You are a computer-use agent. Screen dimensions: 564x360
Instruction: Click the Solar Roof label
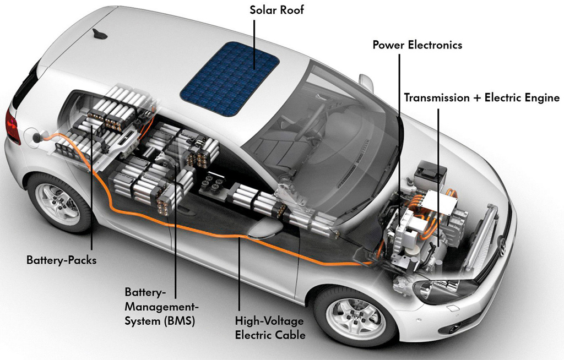tap(276, 10)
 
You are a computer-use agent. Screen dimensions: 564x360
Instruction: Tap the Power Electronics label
tap(417, 45)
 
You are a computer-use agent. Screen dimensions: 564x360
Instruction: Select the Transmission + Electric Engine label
tap(481, 98)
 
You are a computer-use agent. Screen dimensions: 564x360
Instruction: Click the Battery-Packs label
tap(62, 260)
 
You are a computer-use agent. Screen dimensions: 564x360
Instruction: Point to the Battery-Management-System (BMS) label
tap(161, 307)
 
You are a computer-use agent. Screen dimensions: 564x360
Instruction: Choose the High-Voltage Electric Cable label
tap(270, 328)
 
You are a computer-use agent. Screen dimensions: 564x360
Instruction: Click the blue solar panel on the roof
tap(230, 79)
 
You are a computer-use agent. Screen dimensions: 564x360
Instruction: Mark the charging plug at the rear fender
tap(37, 138)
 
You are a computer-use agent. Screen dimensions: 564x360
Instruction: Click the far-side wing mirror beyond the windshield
tap(366, 83)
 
